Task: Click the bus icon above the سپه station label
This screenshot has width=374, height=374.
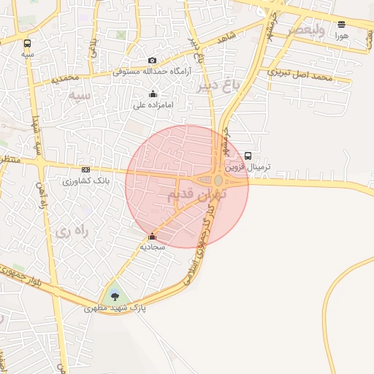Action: pyautogui.click(x=28, y=44)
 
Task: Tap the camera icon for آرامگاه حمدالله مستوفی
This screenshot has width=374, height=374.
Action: pyautogui.click(x=152, y=61)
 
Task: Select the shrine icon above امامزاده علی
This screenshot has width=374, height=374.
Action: pyautogui.click(x=153, y=93)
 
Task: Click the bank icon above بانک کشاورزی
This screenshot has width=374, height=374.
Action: pyautogui.click(x=85, y=170)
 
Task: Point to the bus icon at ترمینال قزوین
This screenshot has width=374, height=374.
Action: pyautogui.click(x=248, y=156)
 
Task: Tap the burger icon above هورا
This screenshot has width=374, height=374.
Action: pyautogui.click(x=342, y=24)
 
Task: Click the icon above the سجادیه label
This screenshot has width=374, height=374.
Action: pyautogui.click(x=152, y=237)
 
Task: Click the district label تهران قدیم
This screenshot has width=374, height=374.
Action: pyautogui.click(x=197, y=195)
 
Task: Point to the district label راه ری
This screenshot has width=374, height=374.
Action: pyautogui.click(x=70, y=232)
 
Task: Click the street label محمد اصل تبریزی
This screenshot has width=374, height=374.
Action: pyautogui.click(x=299, y=74)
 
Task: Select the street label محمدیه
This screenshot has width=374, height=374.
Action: pyautogui.click(x=65, y=78)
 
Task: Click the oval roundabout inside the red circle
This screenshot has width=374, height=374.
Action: pyautogui.click(x=218, y=180)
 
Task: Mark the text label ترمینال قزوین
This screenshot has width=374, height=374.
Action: pyautogui.click(x=248, y=167)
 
